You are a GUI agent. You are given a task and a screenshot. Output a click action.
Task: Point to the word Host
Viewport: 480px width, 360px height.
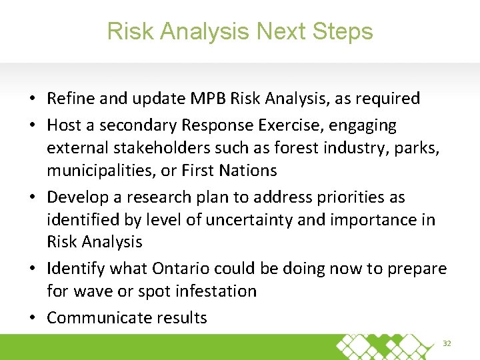pos(65,125)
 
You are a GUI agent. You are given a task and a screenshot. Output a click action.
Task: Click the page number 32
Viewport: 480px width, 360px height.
pos(447,343)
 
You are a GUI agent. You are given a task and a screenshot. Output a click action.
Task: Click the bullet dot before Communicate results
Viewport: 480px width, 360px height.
pos(33,318)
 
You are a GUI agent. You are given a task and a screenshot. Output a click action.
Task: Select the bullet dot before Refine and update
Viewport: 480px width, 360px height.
pos(33,99)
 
